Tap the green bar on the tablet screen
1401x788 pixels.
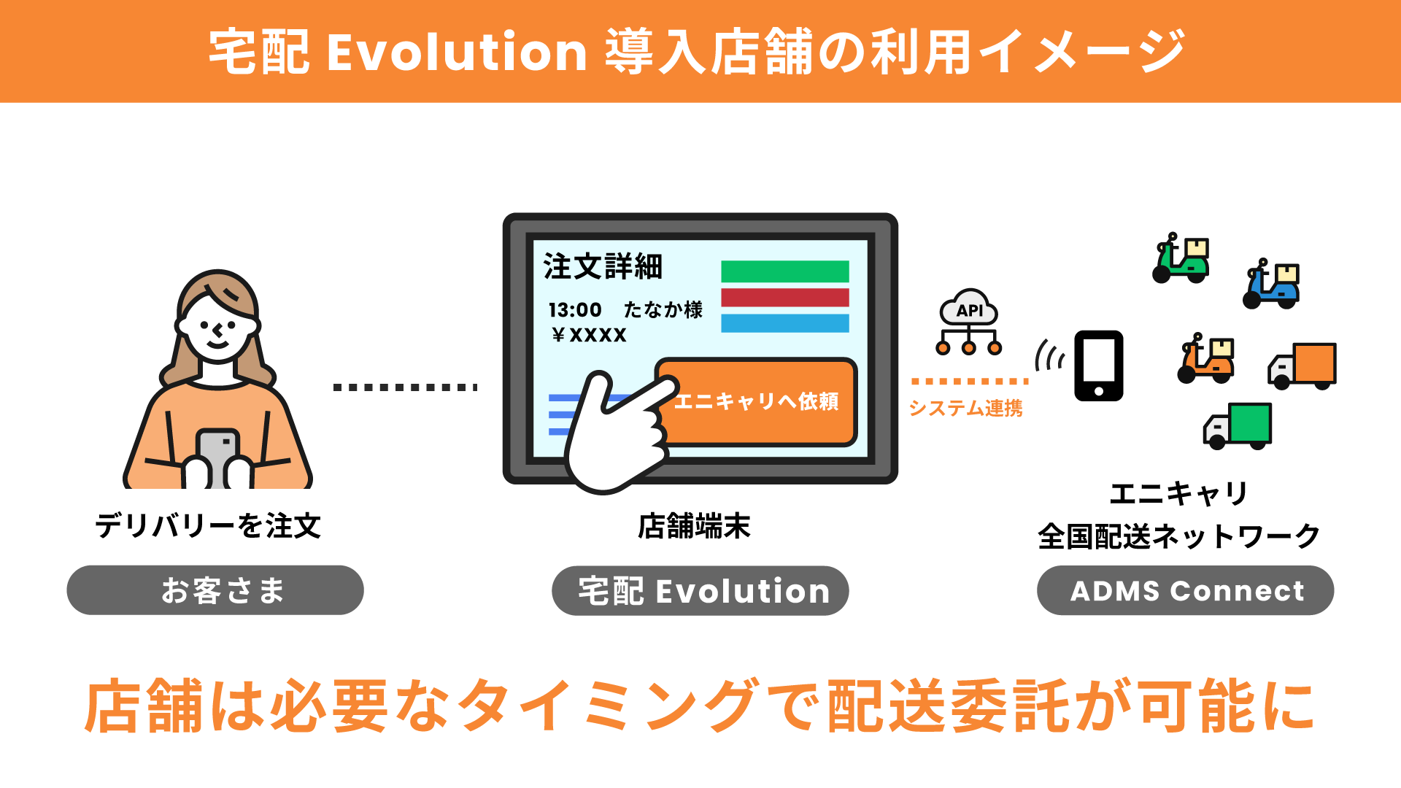(785, 271)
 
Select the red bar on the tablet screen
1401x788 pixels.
(785, 298)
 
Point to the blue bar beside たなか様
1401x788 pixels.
(785, 323)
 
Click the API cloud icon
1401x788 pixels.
(969, 322)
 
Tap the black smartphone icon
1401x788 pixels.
(1099, 366)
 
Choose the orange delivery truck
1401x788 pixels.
(1302, 366)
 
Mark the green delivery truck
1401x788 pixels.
(1238, 426)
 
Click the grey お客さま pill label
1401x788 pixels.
(215, 590)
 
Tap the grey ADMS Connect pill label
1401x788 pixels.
(1186, 590)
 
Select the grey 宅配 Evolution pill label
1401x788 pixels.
(700, 590)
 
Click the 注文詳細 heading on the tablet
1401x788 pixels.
(603, 266)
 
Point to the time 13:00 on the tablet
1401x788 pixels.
(575, 310)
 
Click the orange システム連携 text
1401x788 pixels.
(965, 408)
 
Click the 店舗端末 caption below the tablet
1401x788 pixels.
(694, 526)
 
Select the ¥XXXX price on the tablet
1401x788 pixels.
(589, 335)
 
